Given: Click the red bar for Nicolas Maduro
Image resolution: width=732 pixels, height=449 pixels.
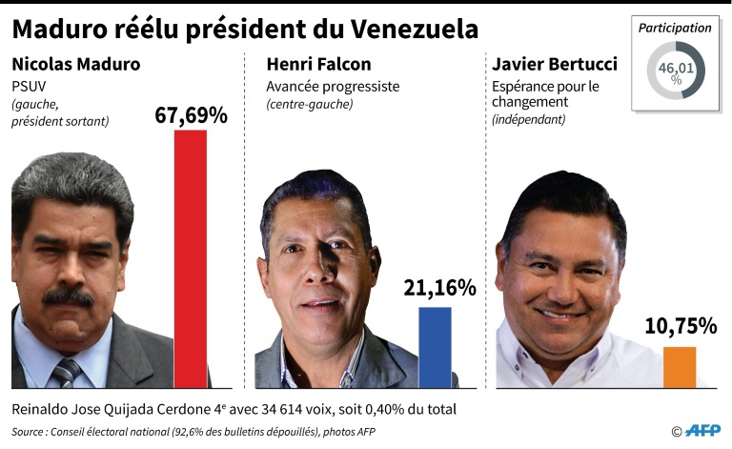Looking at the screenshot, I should pyautogui.click(x=190, y=257).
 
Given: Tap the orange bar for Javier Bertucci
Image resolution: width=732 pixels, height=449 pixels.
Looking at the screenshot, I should pyautogui.click(x=679, y=366).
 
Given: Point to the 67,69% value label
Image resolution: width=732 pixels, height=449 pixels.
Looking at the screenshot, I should pyautogui.click(x=191, y=115).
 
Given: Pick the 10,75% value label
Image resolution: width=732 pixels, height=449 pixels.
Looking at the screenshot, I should pyautogui.click(x=681, y=326).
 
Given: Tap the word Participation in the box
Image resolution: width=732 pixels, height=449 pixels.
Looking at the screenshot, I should pyautogui.click(x=675, y=28).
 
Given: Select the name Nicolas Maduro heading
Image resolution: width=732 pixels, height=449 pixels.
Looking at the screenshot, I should pyautogui.click(x=75, y=65).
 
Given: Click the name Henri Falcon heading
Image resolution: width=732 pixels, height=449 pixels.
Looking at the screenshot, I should pyautogui.click(x=316, y=65).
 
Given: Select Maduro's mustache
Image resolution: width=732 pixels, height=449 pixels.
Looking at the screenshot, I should pyautogui.click(x=68, y=296).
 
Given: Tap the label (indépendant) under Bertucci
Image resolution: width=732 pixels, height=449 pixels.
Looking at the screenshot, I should pyautogui.click(x=529, y=120).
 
